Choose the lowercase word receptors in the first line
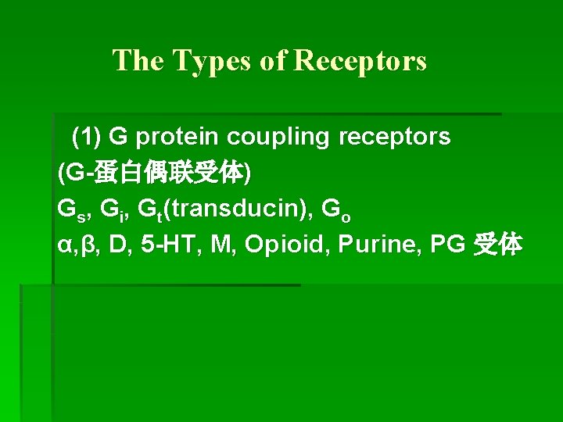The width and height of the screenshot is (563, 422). tap(394, 138)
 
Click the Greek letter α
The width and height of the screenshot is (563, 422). tap(65, 245)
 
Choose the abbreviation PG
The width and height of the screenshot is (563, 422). tap(447, 245)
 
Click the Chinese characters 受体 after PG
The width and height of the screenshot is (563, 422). tap(497, 245)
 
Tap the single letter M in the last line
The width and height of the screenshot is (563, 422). tap(221, 245)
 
